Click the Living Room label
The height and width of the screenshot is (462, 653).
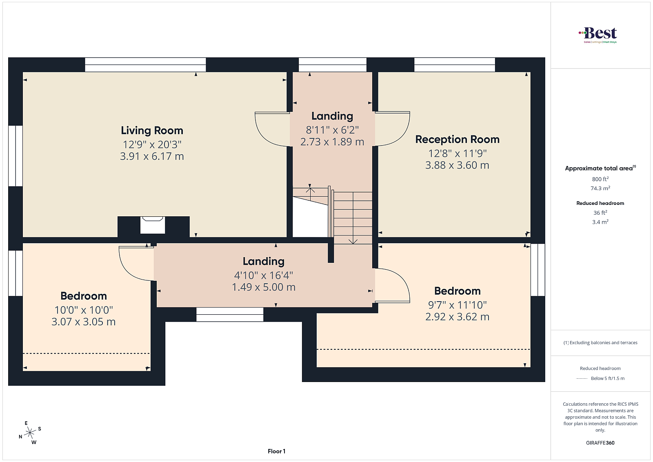(152, 131)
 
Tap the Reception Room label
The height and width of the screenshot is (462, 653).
(457, 140)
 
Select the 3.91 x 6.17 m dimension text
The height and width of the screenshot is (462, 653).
(152, 157)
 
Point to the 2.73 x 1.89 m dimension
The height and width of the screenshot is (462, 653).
(332, 142)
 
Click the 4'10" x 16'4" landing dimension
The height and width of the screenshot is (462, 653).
(264, 275)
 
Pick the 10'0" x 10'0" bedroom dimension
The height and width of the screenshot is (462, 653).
(84, 310)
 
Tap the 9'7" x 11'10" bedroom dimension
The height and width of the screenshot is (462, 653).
(457, 305)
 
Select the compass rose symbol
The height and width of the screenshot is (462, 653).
(30, 433)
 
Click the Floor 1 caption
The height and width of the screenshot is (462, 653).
(276, 451)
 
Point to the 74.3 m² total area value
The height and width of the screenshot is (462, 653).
(600, 188)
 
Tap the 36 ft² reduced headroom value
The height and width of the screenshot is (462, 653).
(600, 213)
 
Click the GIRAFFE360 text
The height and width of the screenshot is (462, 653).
(600, 443)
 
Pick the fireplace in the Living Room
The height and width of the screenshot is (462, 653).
(153, 225)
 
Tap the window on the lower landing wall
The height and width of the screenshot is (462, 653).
(230, 315)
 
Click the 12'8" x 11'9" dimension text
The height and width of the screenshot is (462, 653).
(457, 153)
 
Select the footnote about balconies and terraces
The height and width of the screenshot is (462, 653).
(600, 342)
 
